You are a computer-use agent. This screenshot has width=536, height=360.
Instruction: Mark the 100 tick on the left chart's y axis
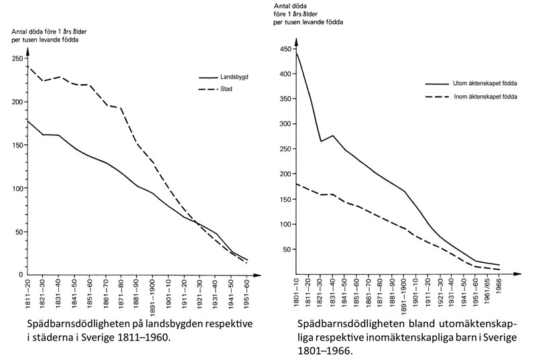(15, 188)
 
